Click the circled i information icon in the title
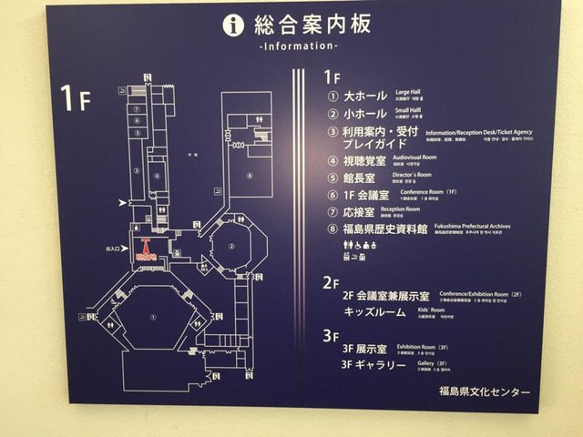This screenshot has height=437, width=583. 233,25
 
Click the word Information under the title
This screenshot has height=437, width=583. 298,46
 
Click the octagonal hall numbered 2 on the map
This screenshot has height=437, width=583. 233,246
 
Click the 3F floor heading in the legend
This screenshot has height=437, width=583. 330,335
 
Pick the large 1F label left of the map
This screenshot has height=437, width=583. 77,97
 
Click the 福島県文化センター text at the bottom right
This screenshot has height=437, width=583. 483,392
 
